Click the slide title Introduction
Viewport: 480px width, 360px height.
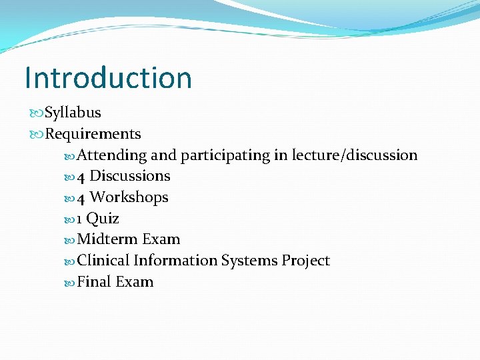[108, 77]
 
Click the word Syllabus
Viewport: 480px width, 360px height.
[73, 113]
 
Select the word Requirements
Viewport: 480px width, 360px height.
[93, 134]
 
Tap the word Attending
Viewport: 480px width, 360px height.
[112, 155]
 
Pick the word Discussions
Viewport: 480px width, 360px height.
[130, 176]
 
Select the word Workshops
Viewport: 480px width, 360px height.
[129, 197]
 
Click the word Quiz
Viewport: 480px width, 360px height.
[103, 219]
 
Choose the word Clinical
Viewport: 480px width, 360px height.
[103, 261]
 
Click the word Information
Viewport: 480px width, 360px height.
[175, 261]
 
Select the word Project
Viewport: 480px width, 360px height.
[305, 261]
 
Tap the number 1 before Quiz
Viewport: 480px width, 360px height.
[80, 219]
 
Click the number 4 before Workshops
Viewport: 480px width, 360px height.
[81, 198]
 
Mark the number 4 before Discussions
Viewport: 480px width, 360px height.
[81, 177]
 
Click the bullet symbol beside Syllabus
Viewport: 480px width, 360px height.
[36, 113]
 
